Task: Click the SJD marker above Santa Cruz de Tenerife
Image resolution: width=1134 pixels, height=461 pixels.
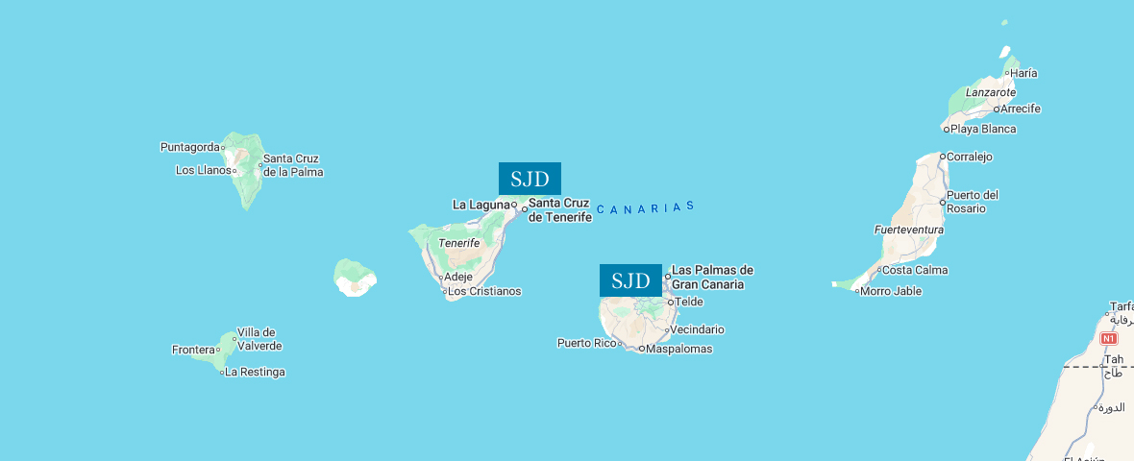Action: click(x=530, y=179)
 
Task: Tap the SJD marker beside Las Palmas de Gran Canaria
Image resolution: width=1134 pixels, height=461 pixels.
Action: click(x=630, y=280)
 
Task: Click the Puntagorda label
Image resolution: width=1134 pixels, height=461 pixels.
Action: click(x=190, y=147)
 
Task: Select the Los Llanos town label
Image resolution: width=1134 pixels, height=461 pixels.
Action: click(x=204, y=170)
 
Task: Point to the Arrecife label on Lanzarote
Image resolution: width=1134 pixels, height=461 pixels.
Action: click(x=1020, y=109)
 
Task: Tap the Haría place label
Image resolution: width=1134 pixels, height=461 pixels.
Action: click(x=1023, y=73)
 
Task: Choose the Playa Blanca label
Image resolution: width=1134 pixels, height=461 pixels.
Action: click(x=983, y=129)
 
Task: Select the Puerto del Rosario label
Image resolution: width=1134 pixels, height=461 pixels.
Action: click(x=973, y=202)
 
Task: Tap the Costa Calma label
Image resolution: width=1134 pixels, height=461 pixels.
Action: click(x=915, y=270)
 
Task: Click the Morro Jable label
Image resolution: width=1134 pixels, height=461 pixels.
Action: click(x=891, y=291)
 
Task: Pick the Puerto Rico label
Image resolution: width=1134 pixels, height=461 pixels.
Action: click(x=587, y=343)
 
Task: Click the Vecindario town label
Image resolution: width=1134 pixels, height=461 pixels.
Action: click(x=697, y=329)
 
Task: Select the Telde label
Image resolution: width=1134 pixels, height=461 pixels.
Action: click(x=689, y=302)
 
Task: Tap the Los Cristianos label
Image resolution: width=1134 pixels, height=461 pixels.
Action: click(x=484, y=291)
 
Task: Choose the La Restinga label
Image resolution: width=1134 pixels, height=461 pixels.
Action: click(x=255, y=372)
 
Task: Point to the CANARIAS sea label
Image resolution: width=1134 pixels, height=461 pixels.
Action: click(x=645, y=207)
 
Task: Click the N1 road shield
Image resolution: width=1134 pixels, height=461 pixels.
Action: click(x=1109, y=339)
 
